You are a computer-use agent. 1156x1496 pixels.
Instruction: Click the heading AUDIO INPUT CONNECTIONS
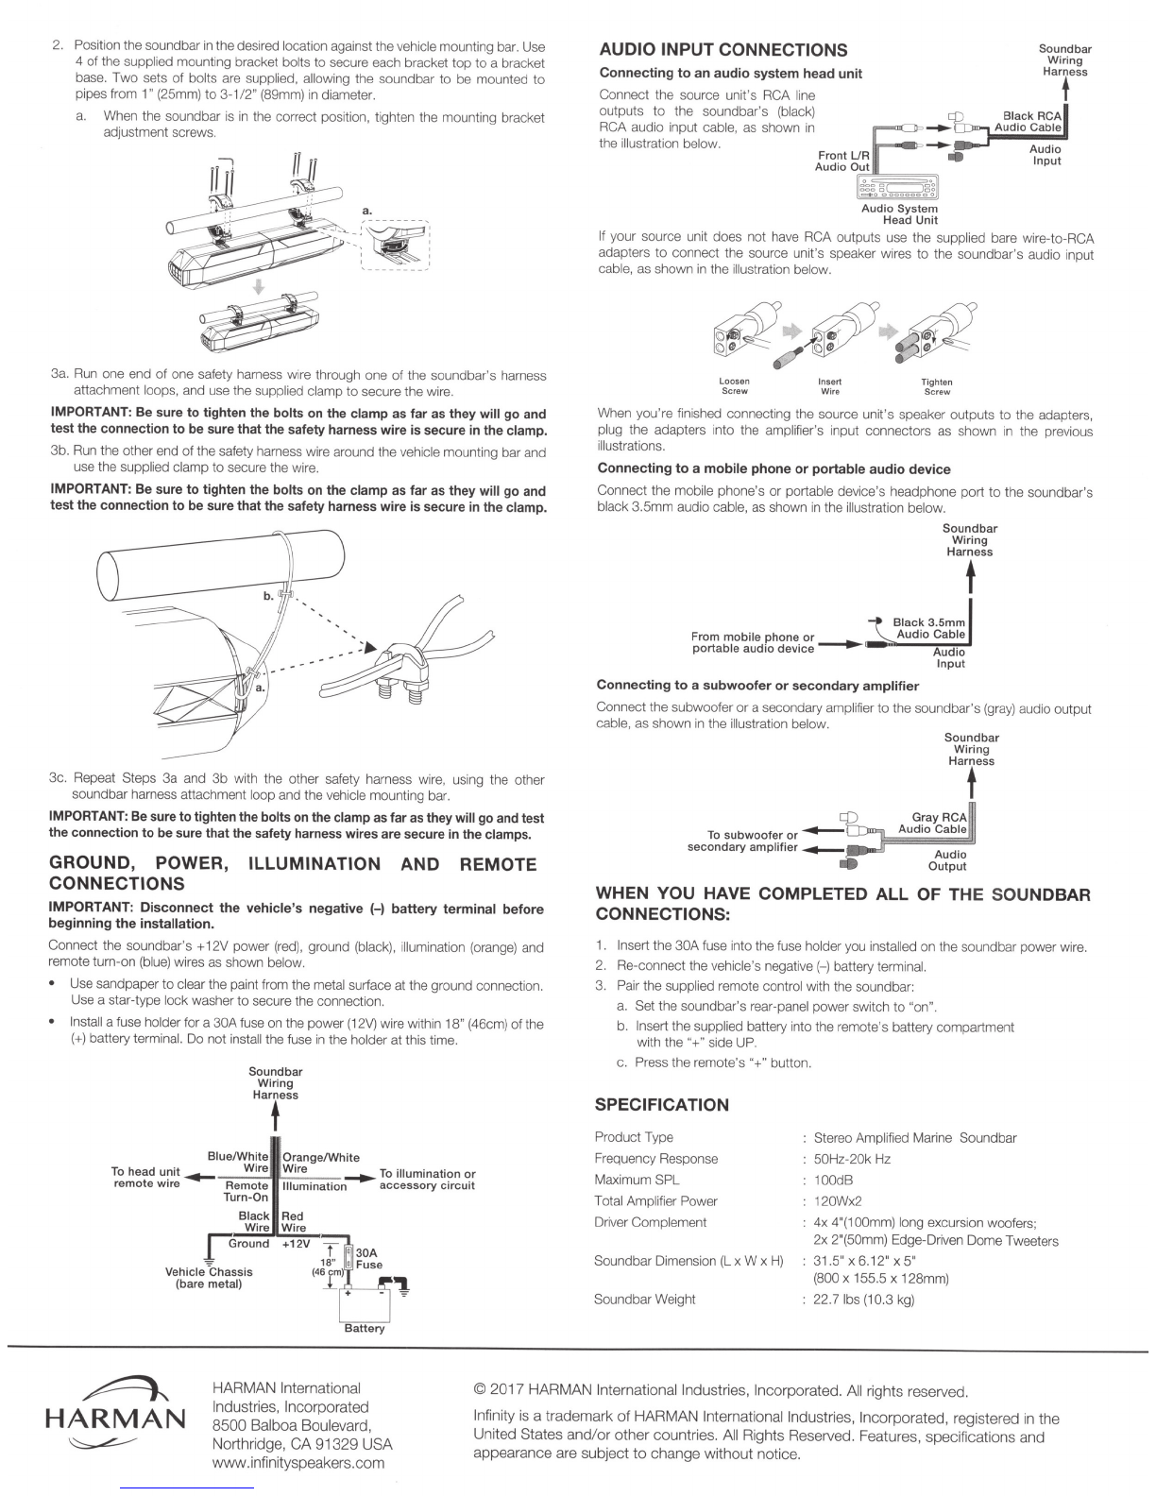[723, 50]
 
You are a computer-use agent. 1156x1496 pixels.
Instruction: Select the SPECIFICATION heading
[661, 1105]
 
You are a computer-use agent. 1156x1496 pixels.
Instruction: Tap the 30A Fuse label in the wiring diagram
[368, 1258]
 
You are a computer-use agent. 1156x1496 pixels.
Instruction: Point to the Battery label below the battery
[365, 1328]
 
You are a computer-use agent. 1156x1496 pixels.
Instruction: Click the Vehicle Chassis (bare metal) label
[209, 1277]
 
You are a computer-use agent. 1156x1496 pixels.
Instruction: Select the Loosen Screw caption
[734, 386]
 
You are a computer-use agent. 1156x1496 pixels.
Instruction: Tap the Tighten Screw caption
[937, 386]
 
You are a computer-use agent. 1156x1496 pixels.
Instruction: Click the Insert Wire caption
[830, 386]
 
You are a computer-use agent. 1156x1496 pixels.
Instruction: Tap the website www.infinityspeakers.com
[298, 1463]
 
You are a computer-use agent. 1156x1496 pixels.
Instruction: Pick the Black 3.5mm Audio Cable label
[928, 628]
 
